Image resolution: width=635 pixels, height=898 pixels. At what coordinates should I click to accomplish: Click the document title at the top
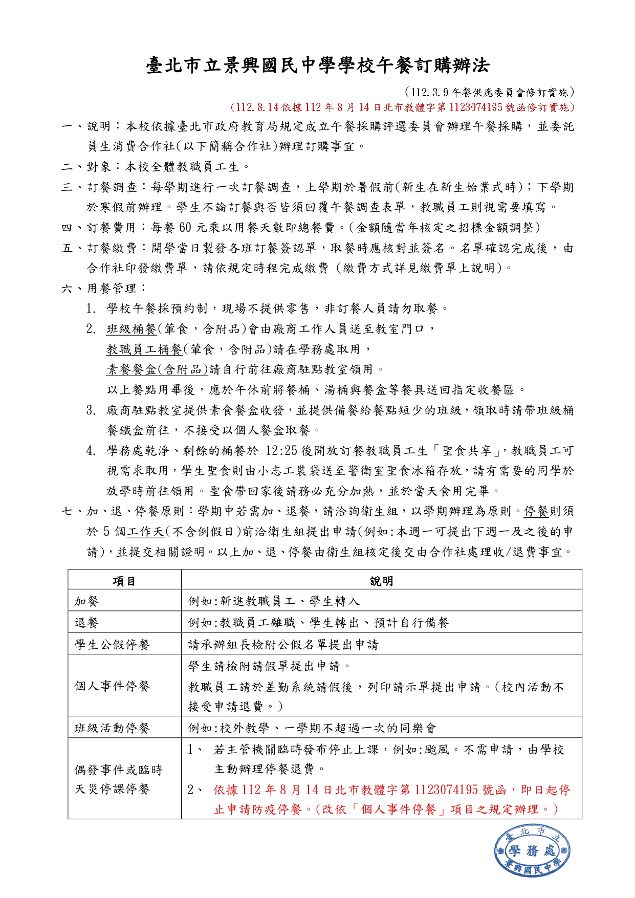[x=317, y=65]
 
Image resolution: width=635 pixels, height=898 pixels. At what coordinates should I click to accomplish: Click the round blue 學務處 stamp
[x=532, y=851]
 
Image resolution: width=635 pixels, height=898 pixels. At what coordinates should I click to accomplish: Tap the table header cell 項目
[x=124, y=581]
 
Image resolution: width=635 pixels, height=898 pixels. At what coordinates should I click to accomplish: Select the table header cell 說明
[x=381, y=581]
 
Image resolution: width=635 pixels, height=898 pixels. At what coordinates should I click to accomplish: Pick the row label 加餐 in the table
[x=86, y=601]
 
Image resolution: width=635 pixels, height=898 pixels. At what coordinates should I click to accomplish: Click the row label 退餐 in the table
[x=86, y=623]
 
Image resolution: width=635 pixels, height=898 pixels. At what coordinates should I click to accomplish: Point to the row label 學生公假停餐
[x=112, y=644]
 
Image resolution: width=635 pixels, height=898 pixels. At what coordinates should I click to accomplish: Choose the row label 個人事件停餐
[x=112, y=686]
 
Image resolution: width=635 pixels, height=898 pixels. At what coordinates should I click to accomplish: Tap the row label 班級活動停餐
[x=112, y=728]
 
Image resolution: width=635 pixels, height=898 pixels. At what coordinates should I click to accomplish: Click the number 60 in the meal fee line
[x=185, y=228]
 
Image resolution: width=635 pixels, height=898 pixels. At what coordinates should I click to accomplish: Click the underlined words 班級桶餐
[x=132, y=329]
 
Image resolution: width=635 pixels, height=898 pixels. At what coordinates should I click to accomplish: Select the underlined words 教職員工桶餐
[x=144, y=349]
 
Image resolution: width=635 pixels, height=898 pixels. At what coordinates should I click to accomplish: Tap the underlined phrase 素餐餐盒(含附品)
[x=157, y=369]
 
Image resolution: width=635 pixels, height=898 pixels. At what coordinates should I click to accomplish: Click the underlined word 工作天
[x=146, y=532]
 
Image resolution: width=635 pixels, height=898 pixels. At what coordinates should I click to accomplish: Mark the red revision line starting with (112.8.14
[x=402, y=107]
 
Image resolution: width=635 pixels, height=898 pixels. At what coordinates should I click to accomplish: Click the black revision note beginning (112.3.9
[x=489, y=93]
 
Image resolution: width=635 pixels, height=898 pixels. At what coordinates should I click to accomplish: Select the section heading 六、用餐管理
[x=104, y=289]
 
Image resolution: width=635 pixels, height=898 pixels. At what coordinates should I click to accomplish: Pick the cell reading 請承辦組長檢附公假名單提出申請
[x=283, y=645]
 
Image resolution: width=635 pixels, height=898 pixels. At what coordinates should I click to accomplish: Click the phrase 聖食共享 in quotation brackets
[x=467, y=451]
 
